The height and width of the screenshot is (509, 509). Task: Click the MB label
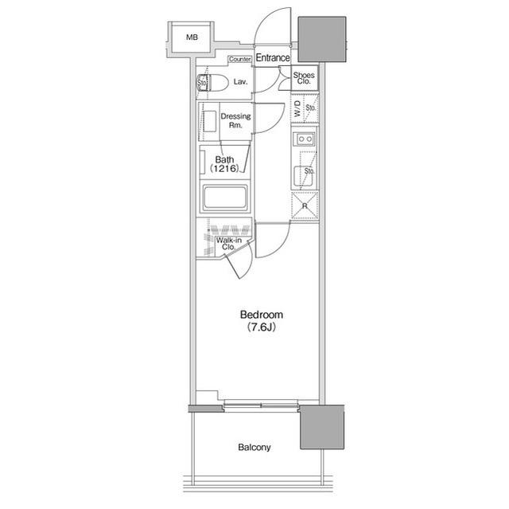pyautogui.click(x=192, y=37)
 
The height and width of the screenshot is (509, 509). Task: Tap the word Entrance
pyautogui.click(x=273, y=58)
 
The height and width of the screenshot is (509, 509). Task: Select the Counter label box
pyautogui.click(x=240, y=59)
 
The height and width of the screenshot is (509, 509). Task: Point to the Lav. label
pyautogui.click(x=240, y=82)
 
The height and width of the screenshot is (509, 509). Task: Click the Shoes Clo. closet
pyautogui.click(x=304, y=78)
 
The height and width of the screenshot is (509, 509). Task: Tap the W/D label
pyautogui.click(x=297, y=108)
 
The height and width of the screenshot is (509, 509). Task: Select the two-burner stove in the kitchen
pyautogui.click(x=305, y=139)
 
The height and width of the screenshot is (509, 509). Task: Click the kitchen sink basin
pyautogui.click(x=305, y=176)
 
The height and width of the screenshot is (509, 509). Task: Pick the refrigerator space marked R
pyautogui.click(x=305, y=205)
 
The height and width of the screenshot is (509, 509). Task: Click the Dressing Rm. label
pyautogui.click(x=235, y=120)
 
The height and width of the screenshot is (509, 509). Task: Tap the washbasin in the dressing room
pyautogui.click(x=210, y=121)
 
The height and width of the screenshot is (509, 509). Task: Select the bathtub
pyautogui.click(x=225, y=198)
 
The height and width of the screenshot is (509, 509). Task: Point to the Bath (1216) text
pyautogui.click(x=224, y=164)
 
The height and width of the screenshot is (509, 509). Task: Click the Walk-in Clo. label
pyautogui.click(x=229, y=244)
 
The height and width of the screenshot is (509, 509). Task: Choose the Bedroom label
pyautogui.click(x=262, y=315)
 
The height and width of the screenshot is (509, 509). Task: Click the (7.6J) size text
pyautogui.click(x=262, y=327)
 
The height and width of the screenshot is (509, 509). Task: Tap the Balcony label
pyautogui.click(x=254, y=447)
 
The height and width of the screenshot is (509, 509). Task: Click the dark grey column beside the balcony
pyautogui.click(x=322, y=427)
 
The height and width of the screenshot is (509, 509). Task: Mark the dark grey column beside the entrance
pyautogui.click(x=322, y=39)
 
